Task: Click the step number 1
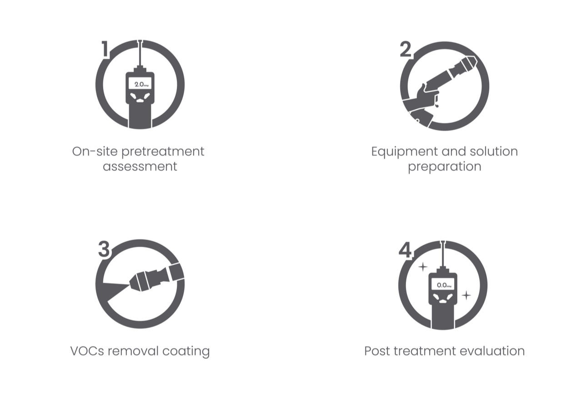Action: (x=105, y=49)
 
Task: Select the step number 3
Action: (x=104, y=249)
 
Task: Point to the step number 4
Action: (x=405, y=249)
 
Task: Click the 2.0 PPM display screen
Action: (x=140, y=83)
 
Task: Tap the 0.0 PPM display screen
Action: (x=442, y=284)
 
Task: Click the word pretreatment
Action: (x=163, y=152)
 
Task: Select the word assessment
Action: (x=140, y=167)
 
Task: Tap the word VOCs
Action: (x=87, y=351)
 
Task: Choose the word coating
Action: (x=186, y=351)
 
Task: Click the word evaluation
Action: (x=492, y=351)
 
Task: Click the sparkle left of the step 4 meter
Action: (x=423, y=267)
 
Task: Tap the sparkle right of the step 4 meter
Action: (x=466, y=295)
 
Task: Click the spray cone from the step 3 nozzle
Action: (x=113, y=290)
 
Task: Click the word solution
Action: (x=494, y=151)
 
